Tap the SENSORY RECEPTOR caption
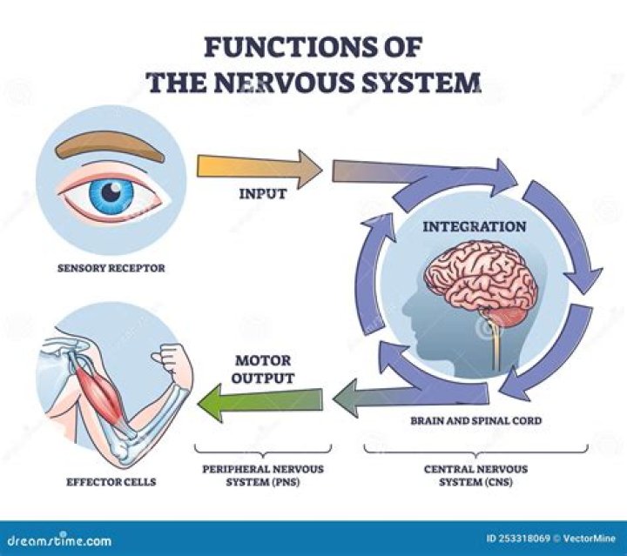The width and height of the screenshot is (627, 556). [x=111, y=268]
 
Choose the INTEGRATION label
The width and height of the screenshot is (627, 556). [x=474, y=226]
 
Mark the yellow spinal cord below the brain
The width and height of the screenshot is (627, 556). [x=496, y=348]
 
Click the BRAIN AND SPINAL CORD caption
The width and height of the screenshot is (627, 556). [x=477, y=420]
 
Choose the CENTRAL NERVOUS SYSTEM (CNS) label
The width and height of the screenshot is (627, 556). [x=475, y=473]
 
